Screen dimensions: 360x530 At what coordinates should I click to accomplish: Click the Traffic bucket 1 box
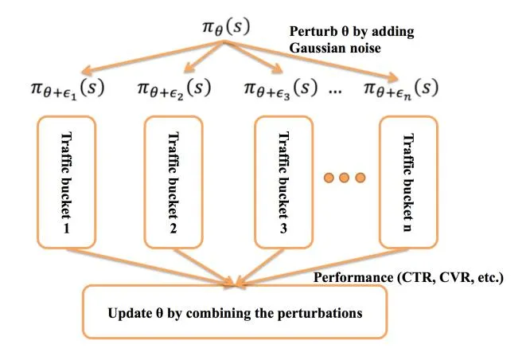(67, 182)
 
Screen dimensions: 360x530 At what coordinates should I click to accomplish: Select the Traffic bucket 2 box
(175, 182)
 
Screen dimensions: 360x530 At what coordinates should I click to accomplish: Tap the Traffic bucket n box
(409, 182)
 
